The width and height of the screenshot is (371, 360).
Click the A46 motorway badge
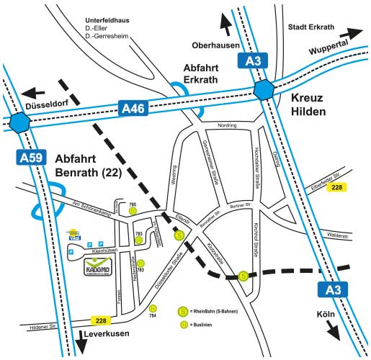point(133,109)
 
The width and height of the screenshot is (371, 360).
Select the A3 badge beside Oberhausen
point(251,60)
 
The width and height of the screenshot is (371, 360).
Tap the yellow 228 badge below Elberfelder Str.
point(336,187)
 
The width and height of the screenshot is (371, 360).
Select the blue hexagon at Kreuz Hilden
point(264,90)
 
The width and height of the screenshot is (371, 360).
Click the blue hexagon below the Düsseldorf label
point(22,123)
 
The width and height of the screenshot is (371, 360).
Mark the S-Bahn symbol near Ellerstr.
point(179,235)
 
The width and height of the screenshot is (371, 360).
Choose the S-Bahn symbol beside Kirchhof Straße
point(244,275)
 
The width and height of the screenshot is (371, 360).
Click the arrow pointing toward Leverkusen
point(81,343)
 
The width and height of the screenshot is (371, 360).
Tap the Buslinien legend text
point(209,325)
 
